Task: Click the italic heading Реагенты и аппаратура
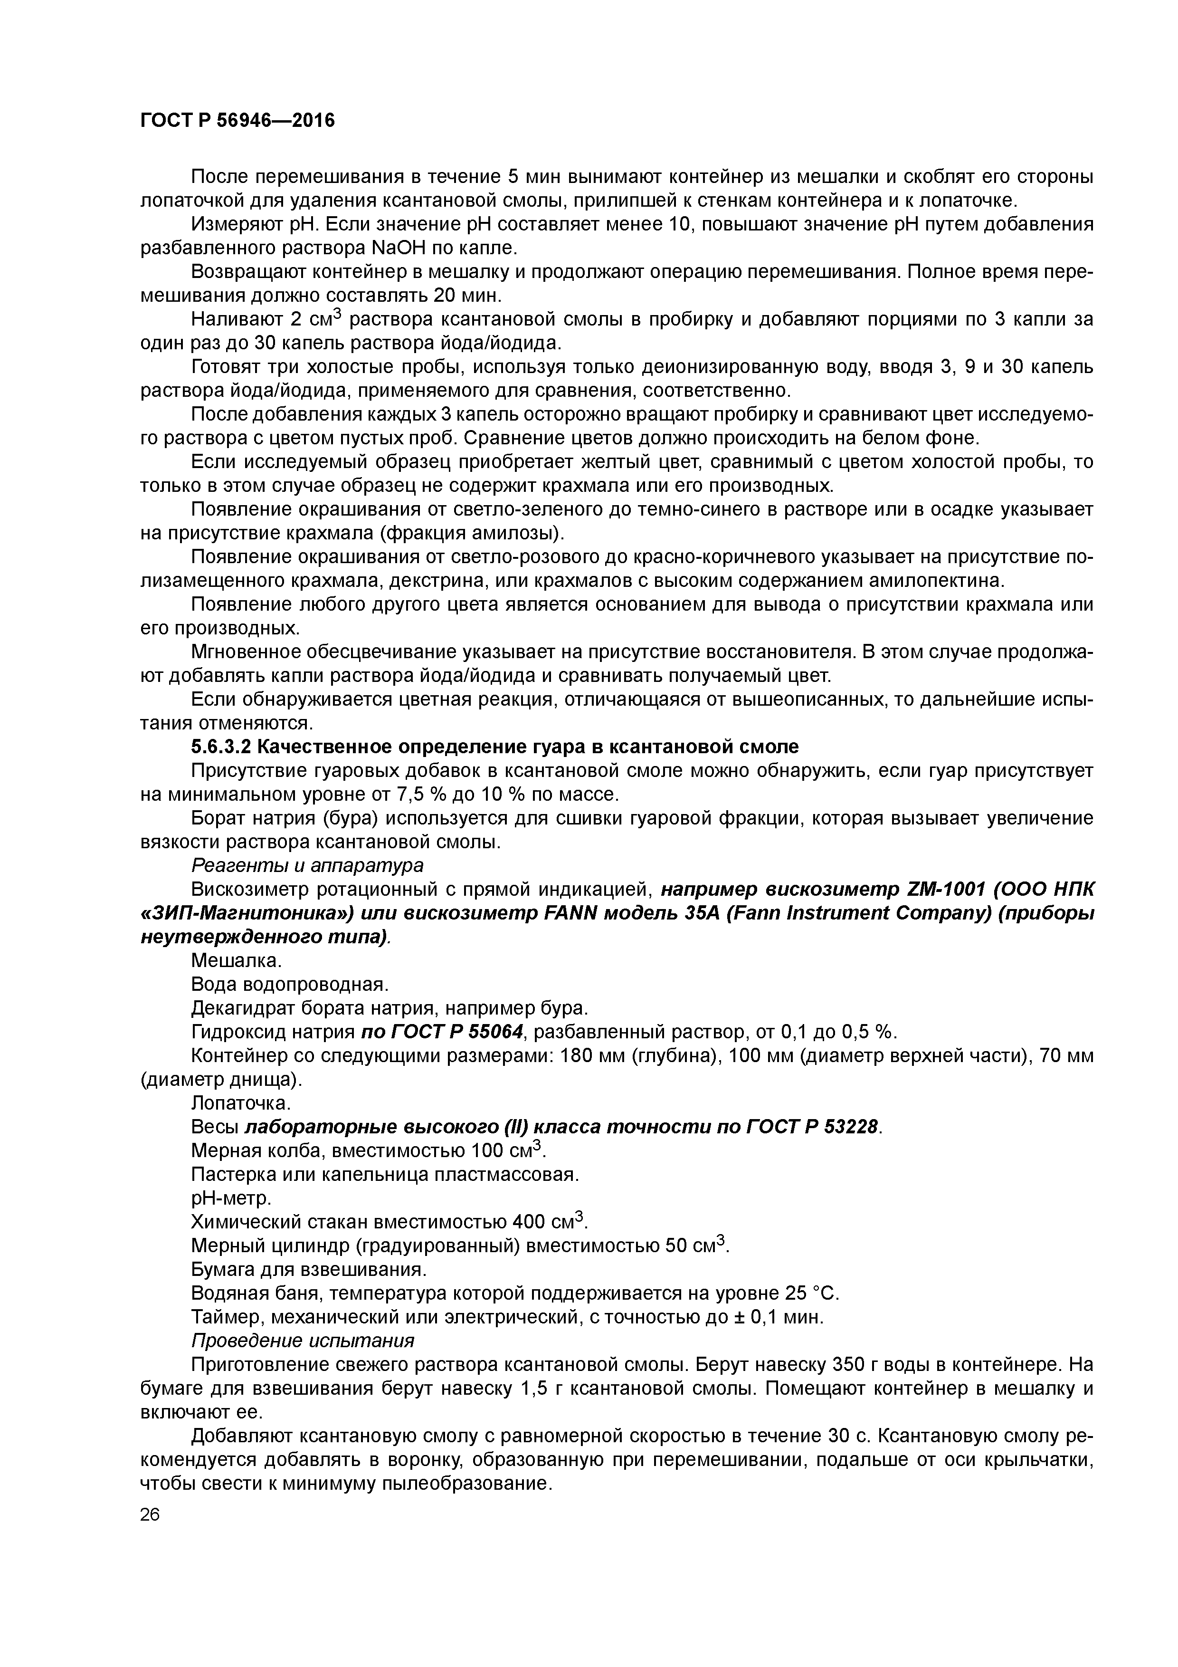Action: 307,865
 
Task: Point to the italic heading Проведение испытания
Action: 303,1340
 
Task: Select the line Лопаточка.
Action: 240,1103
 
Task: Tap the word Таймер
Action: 224,1316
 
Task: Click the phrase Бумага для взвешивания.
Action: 308,1269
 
